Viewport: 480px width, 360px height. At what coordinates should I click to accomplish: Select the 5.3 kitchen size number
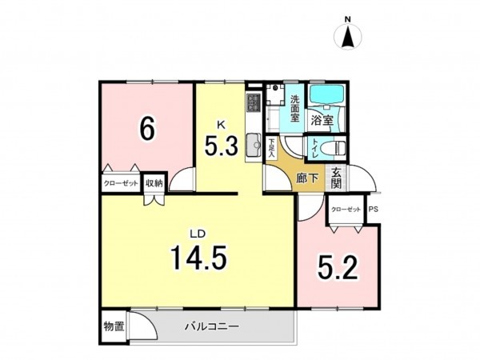pos(221,147)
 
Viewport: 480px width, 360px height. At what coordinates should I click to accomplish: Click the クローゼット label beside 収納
pos(120,183)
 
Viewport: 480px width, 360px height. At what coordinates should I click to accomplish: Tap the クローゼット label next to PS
pos(346,210)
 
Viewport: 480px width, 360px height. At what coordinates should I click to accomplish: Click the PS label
pos(374,210)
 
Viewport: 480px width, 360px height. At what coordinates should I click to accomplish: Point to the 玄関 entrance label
pos(337,177)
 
